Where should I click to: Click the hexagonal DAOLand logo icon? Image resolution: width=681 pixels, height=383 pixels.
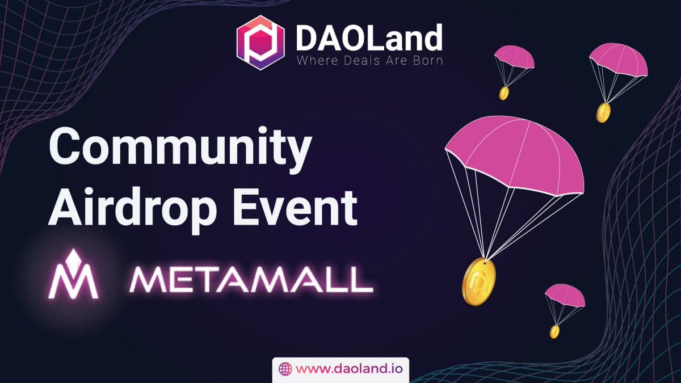click(x=260, y=42)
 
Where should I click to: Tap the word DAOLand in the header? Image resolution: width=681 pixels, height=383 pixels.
click(x=368, y=37)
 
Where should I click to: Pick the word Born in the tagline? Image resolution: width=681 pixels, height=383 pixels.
click(x=426, y=61)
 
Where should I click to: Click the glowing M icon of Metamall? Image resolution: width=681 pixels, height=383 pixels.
click(x=73, y=276)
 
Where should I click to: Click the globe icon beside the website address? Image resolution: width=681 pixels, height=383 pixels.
click(x=285, y=369)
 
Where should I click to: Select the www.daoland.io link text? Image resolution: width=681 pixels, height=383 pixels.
click(x=346, y=369)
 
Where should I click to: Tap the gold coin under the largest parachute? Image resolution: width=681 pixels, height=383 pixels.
click(x=478, y=281)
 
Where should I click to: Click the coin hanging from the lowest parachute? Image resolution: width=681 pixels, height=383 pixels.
click(x=554, y=331)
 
